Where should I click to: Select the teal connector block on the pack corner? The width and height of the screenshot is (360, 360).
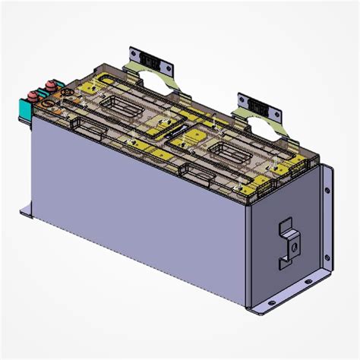point(21,109)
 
